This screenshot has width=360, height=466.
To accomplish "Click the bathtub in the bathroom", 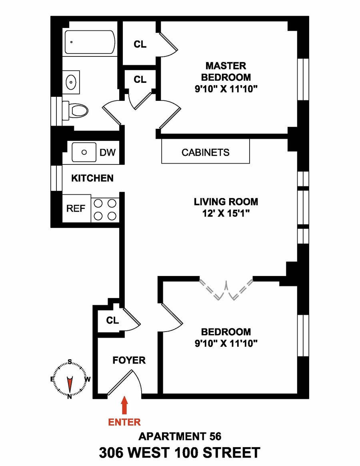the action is coord(90,42).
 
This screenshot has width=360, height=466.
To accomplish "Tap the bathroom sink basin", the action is coord(71,82).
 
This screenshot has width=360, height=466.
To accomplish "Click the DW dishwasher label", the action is coord(108,152).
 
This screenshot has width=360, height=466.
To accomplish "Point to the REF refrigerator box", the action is coord(76,208).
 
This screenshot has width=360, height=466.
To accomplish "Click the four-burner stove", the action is coord(105,210).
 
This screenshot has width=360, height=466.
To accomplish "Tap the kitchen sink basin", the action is coord(84,152).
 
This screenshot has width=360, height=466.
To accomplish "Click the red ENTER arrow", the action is coord(124,405).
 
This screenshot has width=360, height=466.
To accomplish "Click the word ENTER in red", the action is coord(124,422).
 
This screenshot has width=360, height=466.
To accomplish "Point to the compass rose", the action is coord(70,379).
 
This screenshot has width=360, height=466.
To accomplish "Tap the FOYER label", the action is coord(129,360).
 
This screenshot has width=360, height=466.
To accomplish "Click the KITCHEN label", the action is coord(92,178).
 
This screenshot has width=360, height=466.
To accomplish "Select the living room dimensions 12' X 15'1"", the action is coord(226,213).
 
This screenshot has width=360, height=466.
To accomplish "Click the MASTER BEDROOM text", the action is coord(226,71).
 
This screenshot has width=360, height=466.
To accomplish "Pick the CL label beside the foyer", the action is coord(112,320).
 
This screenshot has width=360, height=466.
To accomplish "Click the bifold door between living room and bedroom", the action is coord(226,290).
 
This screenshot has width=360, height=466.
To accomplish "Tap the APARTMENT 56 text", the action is coord(180,436).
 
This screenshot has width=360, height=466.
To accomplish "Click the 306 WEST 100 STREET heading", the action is coord(180,453).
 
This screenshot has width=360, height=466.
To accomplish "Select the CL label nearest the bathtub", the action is coord(140,44).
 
